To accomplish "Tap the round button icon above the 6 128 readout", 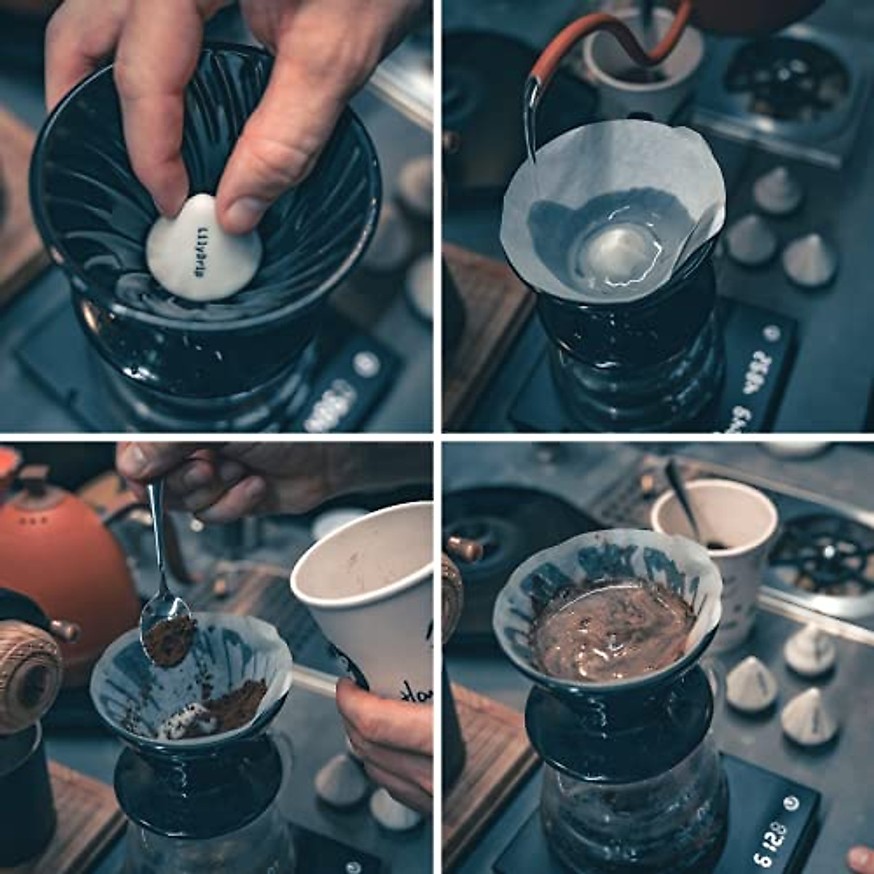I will [x=791, y=804].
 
